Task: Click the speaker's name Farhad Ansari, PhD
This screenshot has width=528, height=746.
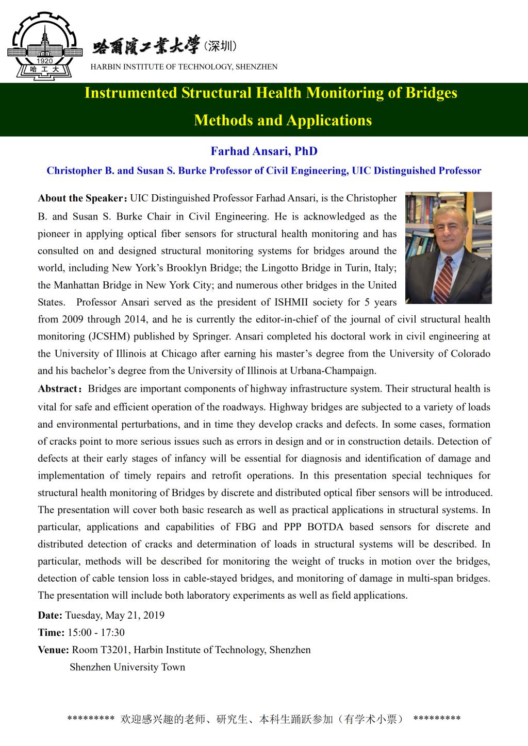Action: pos(264,151)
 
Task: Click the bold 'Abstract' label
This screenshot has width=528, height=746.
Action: pos(57,389)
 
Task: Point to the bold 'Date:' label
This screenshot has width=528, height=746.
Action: pos(50,615)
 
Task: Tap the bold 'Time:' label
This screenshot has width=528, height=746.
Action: pos(51,633)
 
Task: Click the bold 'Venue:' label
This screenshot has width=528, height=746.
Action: pos(53,650)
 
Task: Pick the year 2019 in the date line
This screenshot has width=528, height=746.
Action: pos(154,615)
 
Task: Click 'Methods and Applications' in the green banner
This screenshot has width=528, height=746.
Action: pos(283,120)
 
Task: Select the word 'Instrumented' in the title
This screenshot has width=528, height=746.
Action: pos(130,93)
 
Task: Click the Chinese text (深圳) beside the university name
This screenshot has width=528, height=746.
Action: pos(220,47)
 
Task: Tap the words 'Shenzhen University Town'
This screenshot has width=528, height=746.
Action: pos(127,667)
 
